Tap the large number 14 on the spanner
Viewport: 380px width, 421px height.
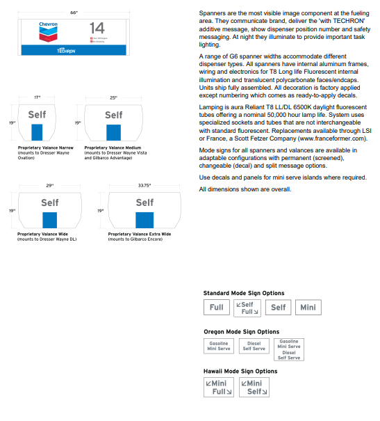tap(97, 29)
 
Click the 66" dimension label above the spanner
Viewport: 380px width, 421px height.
tap(74, 13)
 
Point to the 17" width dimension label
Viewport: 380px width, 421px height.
tap(38, 97)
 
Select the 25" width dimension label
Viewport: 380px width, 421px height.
tap(113, 97)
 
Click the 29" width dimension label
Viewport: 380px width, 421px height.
tap(49, 186)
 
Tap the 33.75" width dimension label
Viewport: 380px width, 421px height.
tap(144, 186)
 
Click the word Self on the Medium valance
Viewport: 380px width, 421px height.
tap(113, 115)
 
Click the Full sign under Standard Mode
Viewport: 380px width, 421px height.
tap(217, 307)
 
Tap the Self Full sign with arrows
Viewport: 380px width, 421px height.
tap(247, 308)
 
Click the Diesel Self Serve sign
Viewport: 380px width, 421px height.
tap(254, 346)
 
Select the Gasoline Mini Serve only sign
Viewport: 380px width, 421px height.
tap(218, 346)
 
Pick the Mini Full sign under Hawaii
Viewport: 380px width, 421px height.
tap(219, 387)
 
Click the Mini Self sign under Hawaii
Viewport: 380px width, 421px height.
tap(254, 387)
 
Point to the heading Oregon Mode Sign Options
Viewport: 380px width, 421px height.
tap(241, 332)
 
